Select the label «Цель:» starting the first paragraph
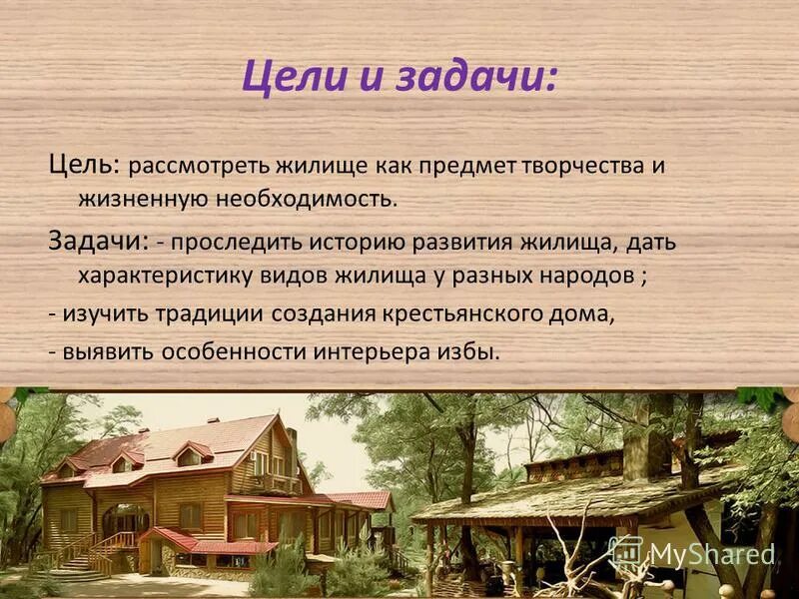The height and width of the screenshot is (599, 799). pos(85,164)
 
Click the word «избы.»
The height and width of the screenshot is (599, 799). pos(468,351)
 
